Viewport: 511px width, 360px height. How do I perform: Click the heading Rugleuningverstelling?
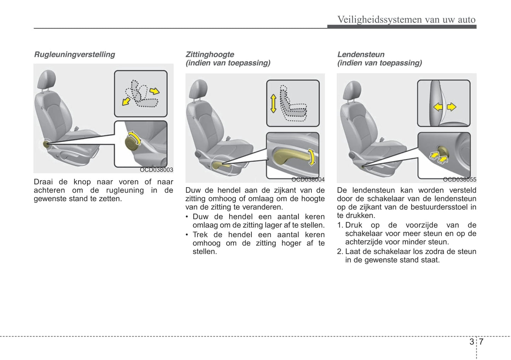(74, 54)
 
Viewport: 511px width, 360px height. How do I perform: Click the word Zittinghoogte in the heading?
(210, 54)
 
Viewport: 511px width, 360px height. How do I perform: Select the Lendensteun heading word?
(361, 54)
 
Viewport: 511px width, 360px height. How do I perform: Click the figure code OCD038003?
(156, 170)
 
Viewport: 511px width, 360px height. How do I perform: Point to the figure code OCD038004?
(308, 179)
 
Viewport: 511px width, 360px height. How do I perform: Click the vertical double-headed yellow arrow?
(273, 103)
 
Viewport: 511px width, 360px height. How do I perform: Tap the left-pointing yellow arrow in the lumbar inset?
(438, 106)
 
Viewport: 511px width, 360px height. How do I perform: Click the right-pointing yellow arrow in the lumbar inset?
(452, 106)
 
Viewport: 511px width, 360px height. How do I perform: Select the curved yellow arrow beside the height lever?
(311, 157)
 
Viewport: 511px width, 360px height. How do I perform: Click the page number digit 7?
(481, 342)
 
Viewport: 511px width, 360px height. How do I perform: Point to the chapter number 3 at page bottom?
(472, 342)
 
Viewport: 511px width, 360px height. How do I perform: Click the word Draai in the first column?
(43, 182)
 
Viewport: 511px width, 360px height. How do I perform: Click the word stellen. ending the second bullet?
(204, 252)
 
